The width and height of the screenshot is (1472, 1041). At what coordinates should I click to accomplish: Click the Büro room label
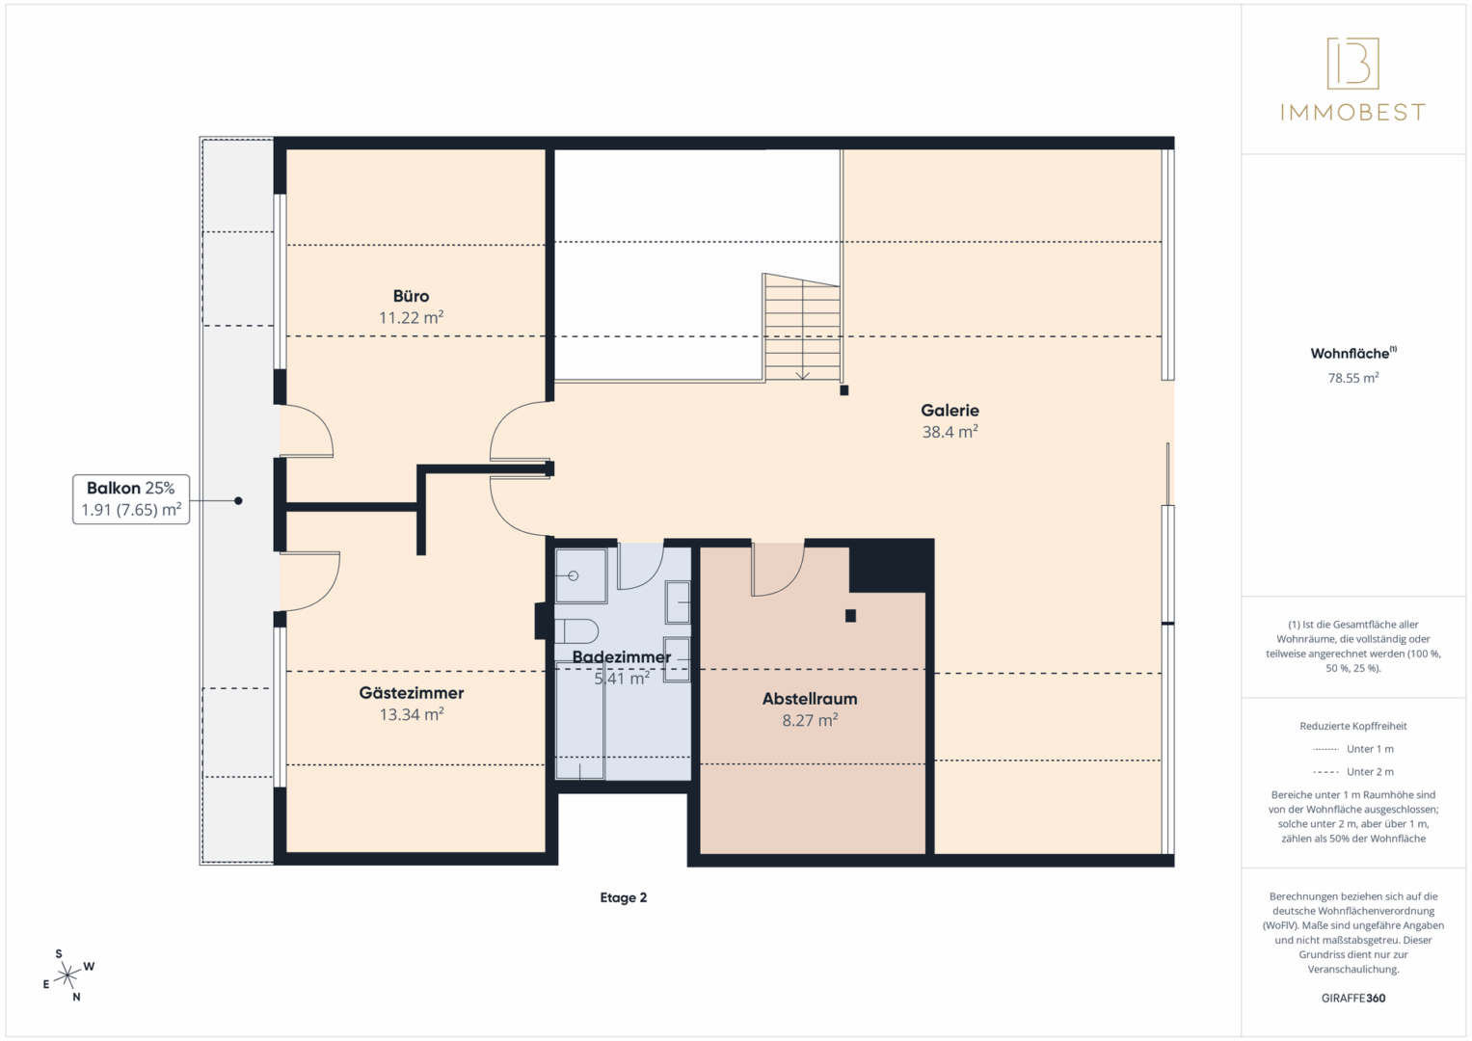coord(411,296)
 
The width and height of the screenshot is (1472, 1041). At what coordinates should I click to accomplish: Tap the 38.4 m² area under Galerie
coord(950,432)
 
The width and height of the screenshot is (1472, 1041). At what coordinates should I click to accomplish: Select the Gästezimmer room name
coord(412,693)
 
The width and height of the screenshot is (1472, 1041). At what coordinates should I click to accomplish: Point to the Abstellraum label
coord(810,699)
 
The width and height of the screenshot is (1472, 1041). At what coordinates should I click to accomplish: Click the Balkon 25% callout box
coord(131,499)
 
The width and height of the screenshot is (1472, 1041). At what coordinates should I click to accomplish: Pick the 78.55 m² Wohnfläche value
coord(1353,378)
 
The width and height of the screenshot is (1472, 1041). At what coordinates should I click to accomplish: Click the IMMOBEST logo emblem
coord(1353,63)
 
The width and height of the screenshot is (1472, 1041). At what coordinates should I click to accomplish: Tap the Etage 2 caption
coord(623,897)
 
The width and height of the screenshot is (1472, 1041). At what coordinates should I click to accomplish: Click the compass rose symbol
coord(67,975)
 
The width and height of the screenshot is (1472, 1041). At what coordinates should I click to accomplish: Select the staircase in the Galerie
coord(802,328)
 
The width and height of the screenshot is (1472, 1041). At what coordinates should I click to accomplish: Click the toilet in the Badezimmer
coord(576,631)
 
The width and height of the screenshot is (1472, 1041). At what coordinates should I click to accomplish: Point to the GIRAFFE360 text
coord(1353,999)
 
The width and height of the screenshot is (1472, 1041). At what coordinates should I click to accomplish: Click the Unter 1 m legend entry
coord(1353,749)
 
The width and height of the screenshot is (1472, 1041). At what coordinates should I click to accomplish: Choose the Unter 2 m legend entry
coord(1353,771)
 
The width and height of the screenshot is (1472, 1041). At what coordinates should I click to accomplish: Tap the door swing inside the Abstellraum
coord(777,570)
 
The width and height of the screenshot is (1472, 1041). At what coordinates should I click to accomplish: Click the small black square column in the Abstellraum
coord(850,616)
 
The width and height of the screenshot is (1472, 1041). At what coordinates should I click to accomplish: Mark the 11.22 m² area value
coord(411,317)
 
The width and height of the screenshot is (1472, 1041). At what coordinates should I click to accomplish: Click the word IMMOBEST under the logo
coord(1353,113)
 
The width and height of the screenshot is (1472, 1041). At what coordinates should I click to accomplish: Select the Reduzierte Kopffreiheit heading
coord(1353,726)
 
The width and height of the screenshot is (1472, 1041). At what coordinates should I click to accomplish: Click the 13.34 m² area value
coord(412,714)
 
